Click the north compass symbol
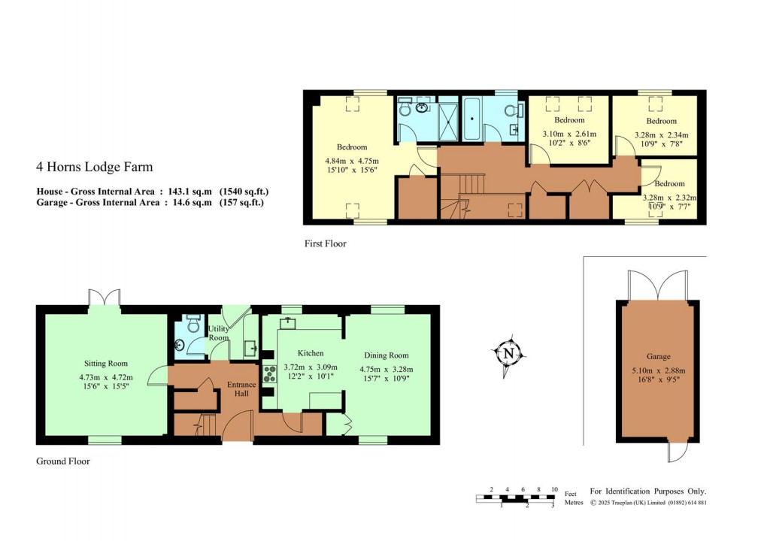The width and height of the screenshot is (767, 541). [509, 353]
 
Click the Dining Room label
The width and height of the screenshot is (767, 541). [387, 355]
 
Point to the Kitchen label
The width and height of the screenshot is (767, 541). [311, 353]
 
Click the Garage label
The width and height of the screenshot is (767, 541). [658, 356]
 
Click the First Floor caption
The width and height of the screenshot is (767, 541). [326, 243]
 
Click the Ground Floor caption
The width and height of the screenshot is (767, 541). [63, 461]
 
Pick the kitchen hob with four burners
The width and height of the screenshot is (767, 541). [270, 373]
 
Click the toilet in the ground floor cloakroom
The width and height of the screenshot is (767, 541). [193, 325]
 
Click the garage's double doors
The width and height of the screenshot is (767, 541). [659, 286]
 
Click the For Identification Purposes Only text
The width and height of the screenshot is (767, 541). [648, 491]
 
